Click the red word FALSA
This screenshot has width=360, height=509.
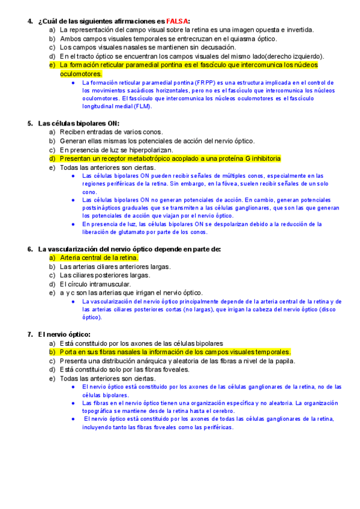click(177, 21)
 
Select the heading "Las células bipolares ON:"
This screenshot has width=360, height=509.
click(79, 124)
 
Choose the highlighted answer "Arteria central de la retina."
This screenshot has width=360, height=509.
click(99, 258)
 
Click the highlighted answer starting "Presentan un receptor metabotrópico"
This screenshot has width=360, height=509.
click(170, 158)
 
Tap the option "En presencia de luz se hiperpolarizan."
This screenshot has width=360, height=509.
click(116, 150)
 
